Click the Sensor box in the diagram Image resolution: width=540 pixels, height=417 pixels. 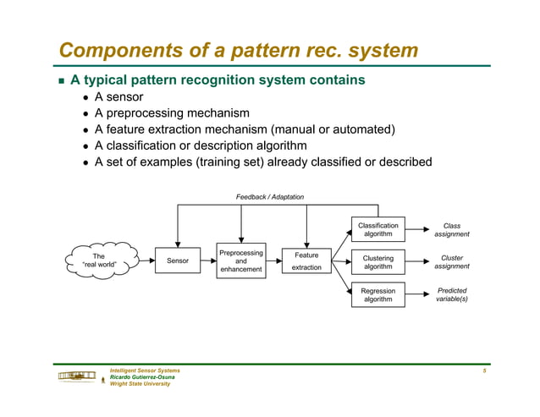[x=178, y=261]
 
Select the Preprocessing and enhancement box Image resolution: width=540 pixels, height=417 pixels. [x=241, y=261]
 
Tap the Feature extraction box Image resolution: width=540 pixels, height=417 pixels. [x=306, y=261]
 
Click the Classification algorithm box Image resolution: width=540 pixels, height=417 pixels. [x=377, y=230]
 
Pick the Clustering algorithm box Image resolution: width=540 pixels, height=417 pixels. [x=377, y=261]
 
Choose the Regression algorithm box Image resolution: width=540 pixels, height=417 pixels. [x=377, y=294]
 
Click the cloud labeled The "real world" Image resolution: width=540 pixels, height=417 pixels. [x=99, y=261]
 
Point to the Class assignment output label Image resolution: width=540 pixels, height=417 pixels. [x=452, y=230]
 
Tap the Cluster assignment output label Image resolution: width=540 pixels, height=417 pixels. [x=452, y=261]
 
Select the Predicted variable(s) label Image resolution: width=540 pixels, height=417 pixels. [x=452, y=294]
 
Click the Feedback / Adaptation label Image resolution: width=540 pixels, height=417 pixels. [x=269, y=197]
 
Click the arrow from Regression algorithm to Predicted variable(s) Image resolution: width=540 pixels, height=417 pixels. [x=416, y=294]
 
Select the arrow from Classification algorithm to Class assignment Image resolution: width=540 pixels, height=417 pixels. [x=416, y=230]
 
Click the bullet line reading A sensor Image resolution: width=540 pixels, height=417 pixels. [x=118, y=97]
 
